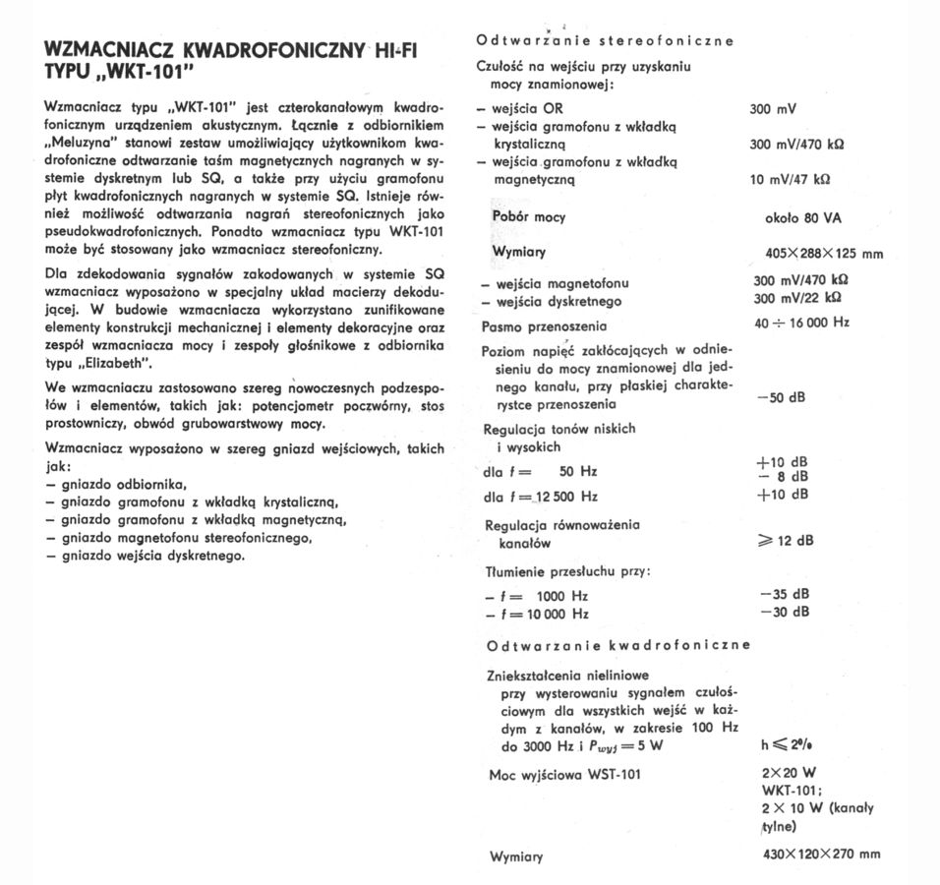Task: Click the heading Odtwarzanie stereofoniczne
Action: [x=605, y=41]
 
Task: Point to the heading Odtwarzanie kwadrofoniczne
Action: [x=618, y=645]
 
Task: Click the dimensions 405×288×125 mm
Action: [x=823, y=254]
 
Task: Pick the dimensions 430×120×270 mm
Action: [x=821, y=854]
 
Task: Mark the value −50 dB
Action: [x=784, y=397]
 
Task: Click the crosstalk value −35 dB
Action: [x=785, y=594]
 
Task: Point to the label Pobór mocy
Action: [x=529, y=217]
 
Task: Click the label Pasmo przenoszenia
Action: [x=544, y=326]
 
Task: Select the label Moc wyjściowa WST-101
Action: [x=565, y=775]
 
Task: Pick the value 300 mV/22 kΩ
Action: [x=796, y=298]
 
